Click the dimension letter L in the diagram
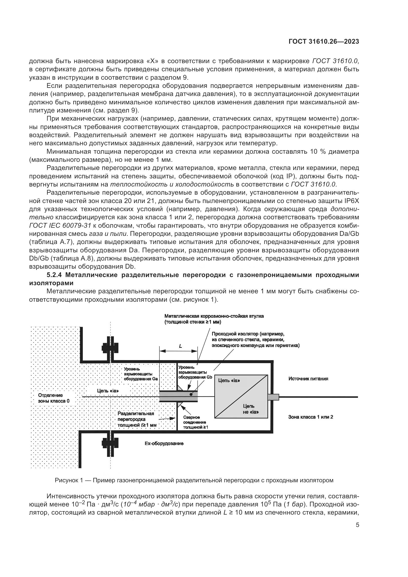[x=180, y=346]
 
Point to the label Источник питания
[x=308, y=379]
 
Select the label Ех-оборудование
[x=164, y=444]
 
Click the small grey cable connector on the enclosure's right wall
[x=273, y=397]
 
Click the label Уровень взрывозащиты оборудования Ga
[x=140, y=374]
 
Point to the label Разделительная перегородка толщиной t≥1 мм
[x=137, y=419]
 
